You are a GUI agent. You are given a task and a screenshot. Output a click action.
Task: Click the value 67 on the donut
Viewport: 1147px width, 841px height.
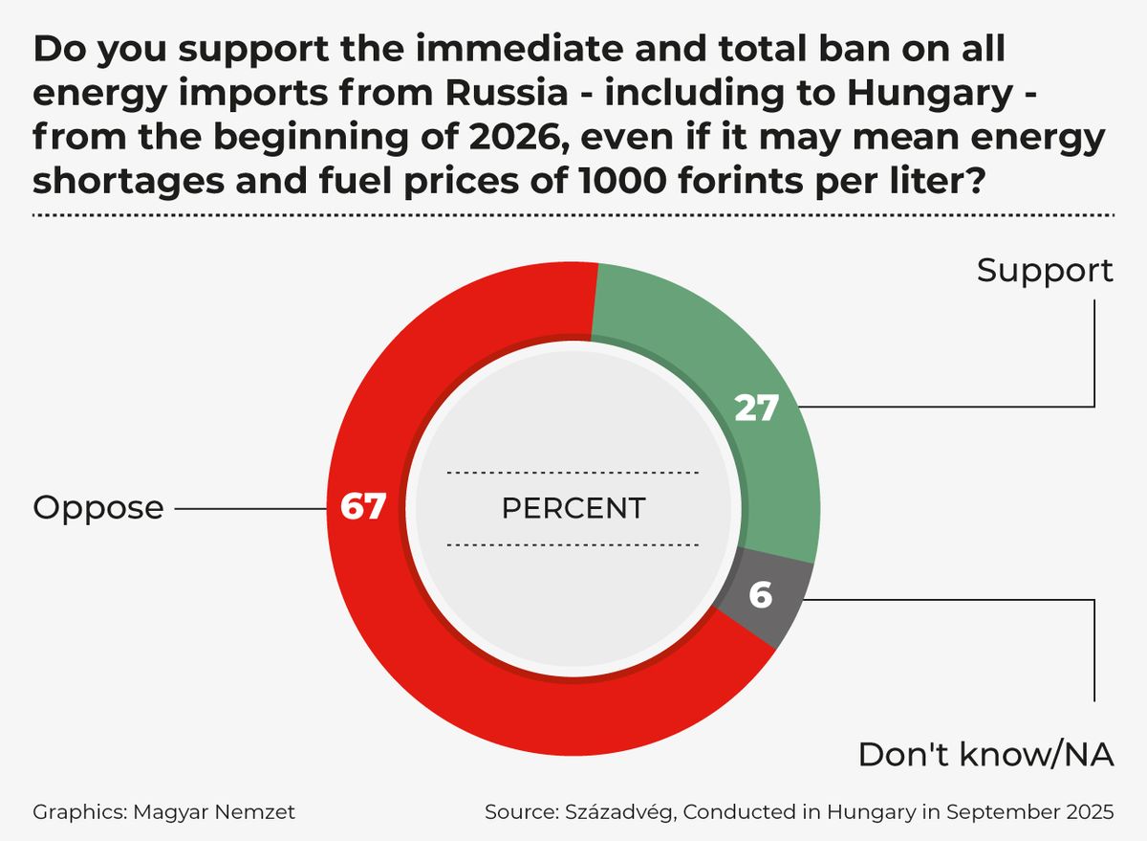tap(362, 506)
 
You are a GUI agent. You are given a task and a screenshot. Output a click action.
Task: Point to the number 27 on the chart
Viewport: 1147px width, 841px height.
tap(757, 408)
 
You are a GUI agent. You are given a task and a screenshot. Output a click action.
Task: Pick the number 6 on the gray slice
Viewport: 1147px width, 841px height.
tap(761, 595)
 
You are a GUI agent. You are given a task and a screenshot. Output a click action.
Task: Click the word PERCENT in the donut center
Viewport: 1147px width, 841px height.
tap(573, 508)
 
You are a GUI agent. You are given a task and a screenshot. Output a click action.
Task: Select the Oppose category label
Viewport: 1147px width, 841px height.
tap(98, 508)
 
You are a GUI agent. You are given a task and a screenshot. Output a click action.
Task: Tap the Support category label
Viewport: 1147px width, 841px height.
tap(1045, 272)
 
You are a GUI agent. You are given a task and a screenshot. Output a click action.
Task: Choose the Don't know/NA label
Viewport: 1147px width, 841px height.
tap(985, 755)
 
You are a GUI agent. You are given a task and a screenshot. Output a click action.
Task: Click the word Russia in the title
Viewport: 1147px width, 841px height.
tap(507, 93)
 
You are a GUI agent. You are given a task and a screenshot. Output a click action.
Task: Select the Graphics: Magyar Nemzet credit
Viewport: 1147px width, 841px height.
tap(163, 812)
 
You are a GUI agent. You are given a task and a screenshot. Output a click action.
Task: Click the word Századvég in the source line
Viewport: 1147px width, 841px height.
tap(620, 812)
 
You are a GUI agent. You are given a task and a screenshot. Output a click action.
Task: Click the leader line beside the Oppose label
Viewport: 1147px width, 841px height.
tap(250, 509)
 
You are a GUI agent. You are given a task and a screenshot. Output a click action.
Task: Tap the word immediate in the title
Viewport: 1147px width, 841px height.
tap(519, 49)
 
